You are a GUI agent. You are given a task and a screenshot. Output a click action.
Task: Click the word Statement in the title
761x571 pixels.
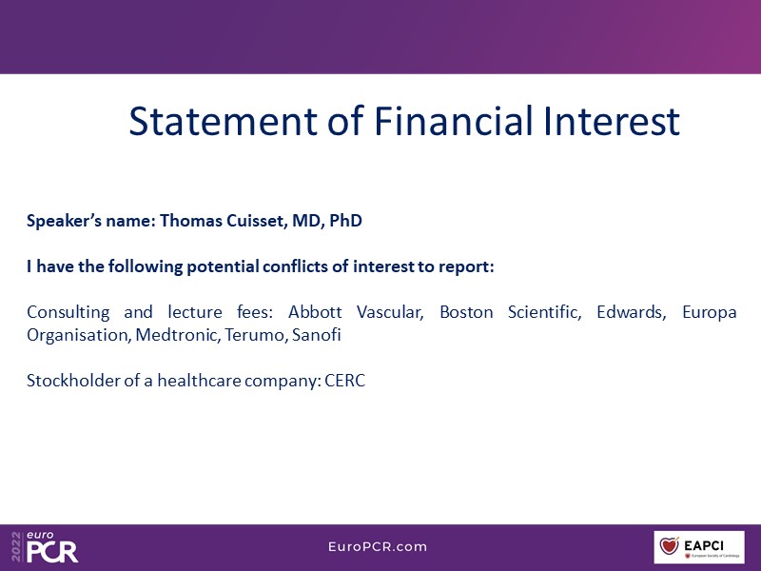(224, 121)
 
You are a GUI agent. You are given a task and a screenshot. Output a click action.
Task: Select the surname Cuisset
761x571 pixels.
(258, 221)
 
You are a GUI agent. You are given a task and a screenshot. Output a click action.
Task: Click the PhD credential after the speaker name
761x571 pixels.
(345, 221)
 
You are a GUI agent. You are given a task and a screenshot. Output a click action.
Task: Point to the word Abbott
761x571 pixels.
(315, 312)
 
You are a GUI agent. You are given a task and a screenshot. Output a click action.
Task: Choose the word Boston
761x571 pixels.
(466, 312)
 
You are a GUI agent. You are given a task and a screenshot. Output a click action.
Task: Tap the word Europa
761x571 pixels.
(709, 313)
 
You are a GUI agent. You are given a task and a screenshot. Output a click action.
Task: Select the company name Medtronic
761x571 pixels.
(177, 335)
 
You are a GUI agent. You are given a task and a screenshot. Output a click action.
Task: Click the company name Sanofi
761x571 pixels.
(316, 335)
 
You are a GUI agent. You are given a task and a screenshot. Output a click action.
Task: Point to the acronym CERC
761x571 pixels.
(344, 381)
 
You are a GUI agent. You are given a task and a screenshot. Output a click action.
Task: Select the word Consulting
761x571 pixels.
(68, 313)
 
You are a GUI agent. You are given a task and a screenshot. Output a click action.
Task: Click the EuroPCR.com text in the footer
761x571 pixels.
(378, 546)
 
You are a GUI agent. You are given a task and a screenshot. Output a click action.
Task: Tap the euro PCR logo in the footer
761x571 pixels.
(45, 546)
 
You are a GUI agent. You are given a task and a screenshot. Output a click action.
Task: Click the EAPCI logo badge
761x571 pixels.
(699, 547)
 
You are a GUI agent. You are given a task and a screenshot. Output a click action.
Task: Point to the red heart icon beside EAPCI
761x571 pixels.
(669, 545)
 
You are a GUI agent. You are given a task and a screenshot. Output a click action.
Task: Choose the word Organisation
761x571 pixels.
(79, 336)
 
